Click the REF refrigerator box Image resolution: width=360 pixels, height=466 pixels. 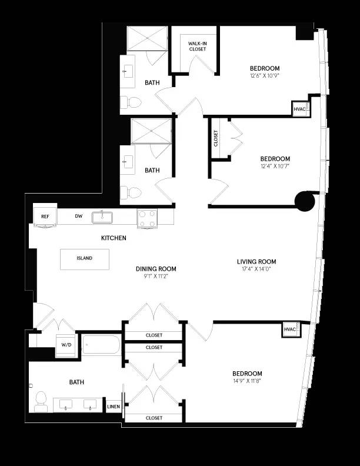[45, 216]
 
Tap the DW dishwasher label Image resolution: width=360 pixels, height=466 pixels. [79, 216]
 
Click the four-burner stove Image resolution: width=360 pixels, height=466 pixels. [148, 219]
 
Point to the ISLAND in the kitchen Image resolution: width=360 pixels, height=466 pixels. [85, 258]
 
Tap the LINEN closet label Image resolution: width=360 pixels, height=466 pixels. [113, 406]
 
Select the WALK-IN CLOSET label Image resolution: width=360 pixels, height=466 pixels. [198, 46]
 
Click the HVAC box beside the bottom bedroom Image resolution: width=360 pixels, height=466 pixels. [290, 329]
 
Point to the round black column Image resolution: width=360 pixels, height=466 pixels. [304, 201]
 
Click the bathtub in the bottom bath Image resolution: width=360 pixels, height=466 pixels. [101, 345]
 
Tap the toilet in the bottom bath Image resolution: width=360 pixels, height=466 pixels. [41, 401]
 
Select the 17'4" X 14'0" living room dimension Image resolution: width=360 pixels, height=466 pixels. [256, 269]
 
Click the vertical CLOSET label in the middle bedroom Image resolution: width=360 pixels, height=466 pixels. [216, 139]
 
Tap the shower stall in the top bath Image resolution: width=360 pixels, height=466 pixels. [148, 39]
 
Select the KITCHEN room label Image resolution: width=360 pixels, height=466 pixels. [114, 238]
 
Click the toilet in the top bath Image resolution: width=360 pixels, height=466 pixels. [132, 102]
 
